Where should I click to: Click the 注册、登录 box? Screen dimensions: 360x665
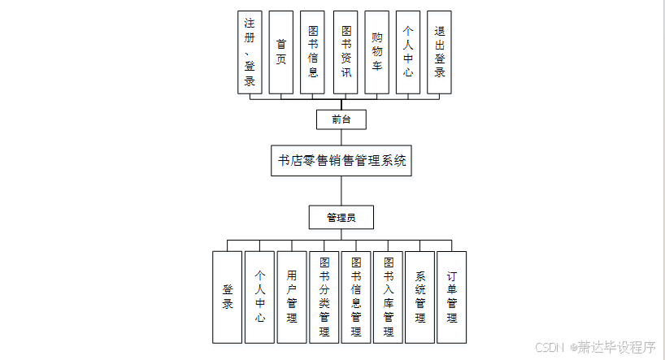point(250,52)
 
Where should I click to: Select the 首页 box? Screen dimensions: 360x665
point(280,52)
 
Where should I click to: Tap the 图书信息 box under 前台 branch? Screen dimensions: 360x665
point(313,52)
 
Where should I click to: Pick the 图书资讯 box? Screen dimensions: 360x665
point(346,52)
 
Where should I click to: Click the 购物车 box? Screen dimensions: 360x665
point(377,52)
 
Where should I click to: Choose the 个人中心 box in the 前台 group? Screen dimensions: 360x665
point(409,52)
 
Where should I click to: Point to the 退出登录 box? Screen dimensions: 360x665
point(439,52)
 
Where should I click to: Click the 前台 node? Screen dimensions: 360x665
point(341,119)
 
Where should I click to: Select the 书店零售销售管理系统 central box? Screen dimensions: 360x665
point(341,160)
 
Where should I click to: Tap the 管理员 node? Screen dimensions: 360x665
point(341,218)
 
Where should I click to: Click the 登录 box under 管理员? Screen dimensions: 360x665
point(228,297)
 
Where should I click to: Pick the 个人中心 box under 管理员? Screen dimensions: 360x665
point(260,297)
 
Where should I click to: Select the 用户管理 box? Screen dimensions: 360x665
point(292,297)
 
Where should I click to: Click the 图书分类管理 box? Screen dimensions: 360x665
point(324,297)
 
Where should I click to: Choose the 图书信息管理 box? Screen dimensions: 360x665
point(356,297)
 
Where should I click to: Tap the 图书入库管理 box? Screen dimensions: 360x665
point(389,297)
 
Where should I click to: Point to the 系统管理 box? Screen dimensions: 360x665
point(420,297)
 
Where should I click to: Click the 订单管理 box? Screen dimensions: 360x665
point(452,297)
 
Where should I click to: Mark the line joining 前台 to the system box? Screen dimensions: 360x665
point(341,137)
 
